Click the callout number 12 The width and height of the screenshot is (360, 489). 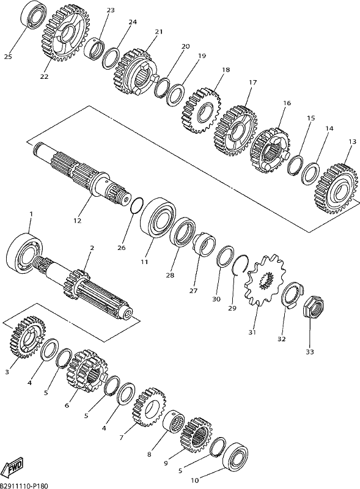[x=78, y=221]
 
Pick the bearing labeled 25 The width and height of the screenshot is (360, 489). [x=34, y=15]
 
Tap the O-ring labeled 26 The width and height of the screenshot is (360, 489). [x=137, y=205]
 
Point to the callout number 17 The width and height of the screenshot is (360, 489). [x=253, y=83]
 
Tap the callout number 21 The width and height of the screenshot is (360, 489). [x=159, y=32]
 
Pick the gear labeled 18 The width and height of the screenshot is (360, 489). [x=202, y=111]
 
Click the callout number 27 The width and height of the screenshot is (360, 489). [x=193, y=291]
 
